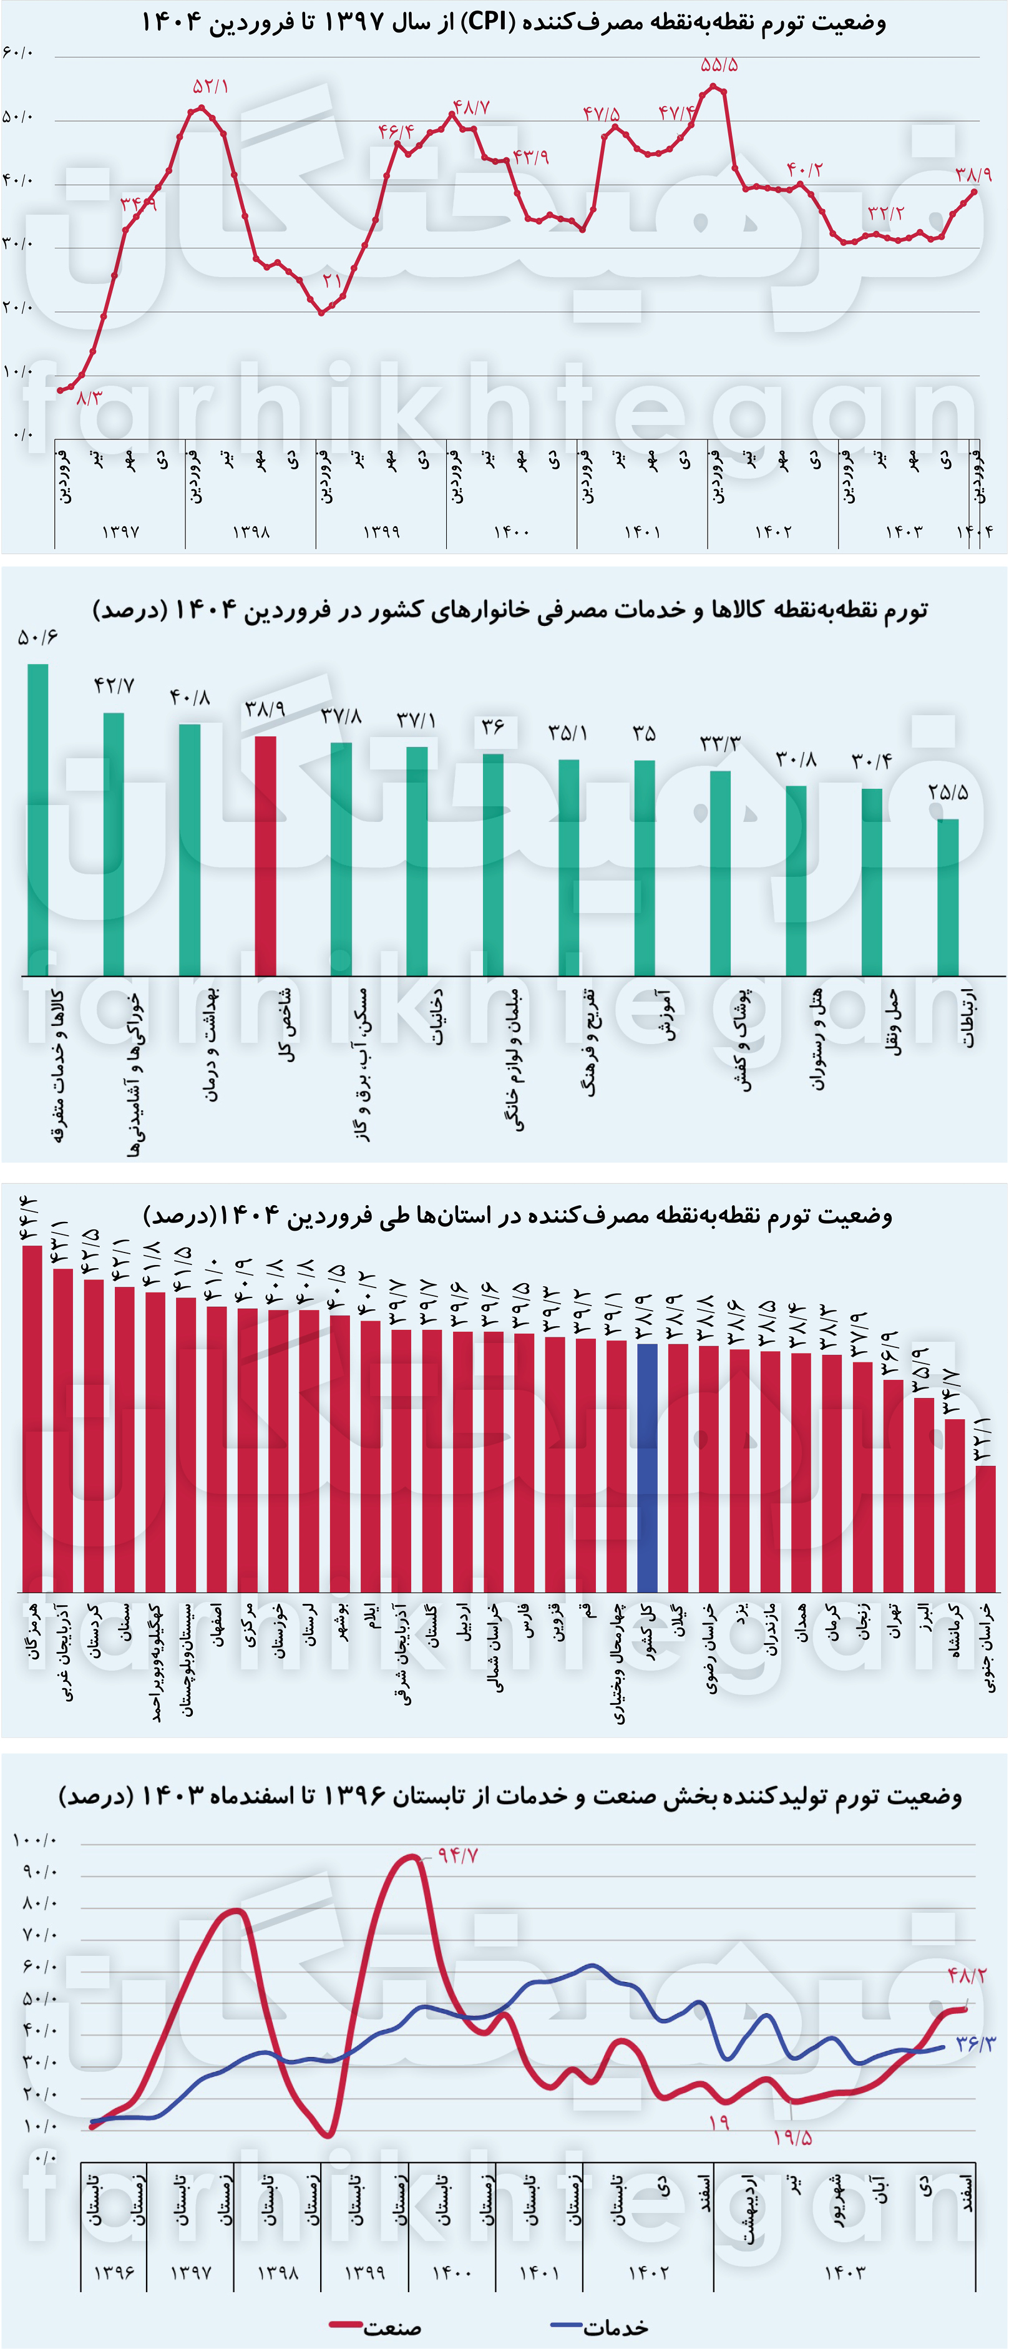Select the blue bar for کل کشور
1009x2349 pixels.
tap(647, 1467)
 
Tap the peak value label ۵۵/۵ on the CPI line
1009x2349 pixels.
tap(719, 66)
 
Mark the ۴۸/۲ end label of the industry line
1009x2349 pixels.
tap(966, 1975)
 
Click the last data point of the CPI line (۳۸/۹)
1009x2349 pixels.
tap(974, 192)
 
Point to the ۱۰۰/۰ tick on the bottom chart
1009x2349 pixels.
tap(35, 1840)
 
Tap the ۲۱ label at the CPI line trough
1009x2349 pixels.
tap(332, 280)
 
